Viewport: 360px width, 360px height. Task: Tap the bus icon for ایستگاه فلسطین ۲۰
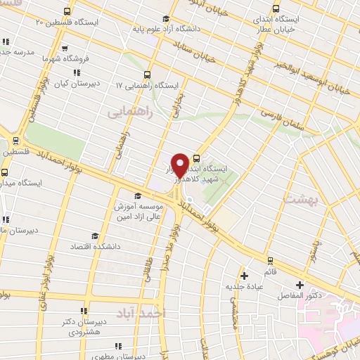click(x=67, y=11)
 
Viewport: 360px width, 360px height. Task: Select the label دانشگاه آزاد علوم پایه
click(x=173, y=30)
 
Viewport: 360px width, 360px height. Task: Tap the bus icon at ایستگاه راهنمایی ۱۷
click(x=147, y=74)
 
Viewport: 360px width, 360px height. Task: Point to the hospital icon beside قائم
click(x=245, y=275)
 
